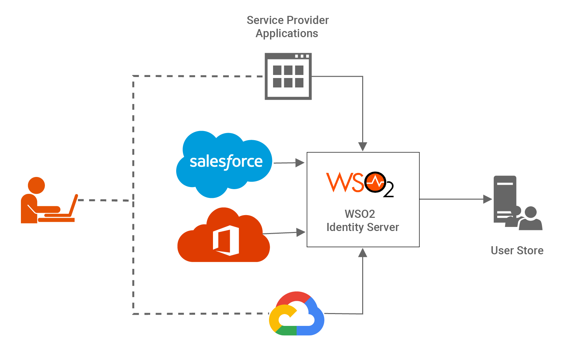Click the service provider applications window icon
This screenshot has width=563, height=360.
pyautogui.click(x=288, y=76)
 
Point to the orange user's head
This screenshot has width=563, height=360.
pyautogui.click(x=36, y=185)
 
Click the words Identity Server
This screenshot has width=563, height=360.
pyautogui.click(x=363, y=227)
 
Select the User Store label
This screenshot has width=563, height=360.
pyautogui.click(x=517, y=251)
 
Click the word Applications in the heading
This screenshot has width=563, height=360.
pyautogui.click(x=287, y=33)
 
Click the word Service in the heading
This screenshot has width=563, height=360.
pyautogui.click(x=263, y=20)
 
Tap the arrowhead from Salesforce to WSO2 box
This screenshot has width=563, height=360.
pyautogui.click(x=300, y=163)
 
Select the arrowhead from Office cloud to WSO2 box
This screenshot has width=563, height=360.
pyautogui.click(x=301, y=232)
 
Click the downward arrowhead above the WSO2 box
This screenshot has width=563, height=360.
pyautogui.click(x=363, y=147)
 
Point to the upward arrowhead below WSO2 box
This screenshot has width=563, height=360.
pyautogui.click(x=363, y=253)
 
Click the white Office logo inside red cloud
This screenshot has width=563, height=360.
pyautogui.click(x=226, y=240)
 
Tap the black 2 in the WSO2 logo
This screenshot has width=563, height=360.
pyautogui.click(x=388, y=190)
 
